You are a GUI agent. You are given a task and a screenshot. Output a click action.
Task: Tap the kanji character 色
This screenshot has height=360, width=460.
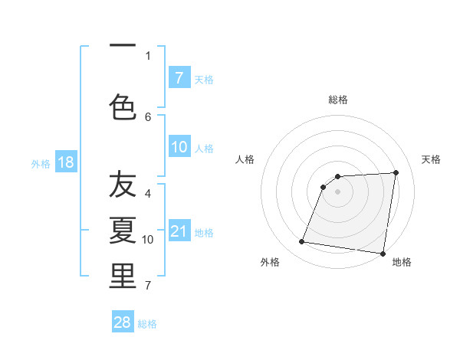click(x=123, y=106)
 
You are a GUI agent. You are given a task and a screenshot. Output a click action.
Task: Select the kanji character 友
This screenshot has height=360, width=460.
click(x=123, y=185)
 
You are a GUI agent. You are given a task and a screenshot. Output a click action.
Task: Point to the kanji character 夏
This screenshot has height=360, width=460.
click(x=123, y=229)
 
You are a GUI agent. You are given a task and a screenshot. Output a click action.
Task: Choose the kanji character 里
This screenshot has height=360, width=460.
click(x=123, y=276)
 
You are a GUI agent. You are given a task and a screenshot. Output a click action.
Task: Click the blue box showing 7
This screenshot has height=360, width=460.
click(x=179, y=77)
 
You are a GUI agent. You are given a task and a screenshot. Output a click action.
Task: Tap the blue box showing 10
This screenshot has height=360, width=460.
click(x=179, y=147)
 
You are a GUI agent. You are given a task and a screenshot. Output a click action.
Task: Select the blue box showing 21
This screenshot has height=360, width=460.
click(x=179, y=231)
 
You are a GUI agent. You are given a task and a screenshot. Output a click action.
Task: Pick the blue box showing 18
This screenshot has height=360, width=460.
click(x=65, y=162)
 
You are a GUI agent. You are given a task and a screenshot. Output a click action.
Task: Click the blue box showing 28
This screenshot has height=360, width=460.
click(x=123, y=322)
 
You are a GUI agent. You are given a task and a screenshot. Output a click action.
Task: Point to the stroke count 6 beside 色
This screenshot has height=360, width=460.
click(x=148, y=116)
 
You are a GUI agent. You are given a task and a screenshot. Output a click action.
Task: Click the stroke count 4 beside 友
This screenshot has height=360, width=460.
click(x=148, y=194)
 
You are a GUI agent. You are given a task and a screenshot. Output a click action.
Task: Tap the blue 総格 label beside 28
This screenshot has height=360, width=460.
click(x=147, y=324)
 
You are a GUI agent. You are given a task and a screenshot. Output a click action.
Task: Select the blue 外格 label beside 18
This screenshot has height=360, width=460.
click(x=41, y=164)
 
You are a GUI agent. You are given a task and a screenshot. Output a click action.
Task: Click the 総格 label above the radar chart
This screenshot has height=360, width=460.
click(x=338, y=100)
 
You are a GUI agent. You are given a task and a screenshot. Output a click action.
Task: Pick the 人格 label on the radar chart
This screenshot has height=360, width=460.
click(x=245, y=159)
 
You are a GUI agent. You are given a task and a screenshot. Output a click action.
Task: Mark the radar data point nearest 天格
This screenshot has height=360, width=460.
click(x=396, y=172)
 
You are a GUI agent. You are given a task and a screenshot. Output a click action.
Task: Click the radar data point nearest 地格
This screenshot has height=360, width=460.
click(x=383, y=253)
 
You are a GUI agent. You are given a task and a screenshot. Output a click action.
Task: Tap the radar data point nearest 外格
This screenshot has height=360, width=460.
click(x=302, y=242)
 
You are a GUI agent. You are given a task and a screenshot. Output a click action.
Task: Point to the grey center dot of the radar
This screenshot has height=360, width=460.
click(x=338, y=191)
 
